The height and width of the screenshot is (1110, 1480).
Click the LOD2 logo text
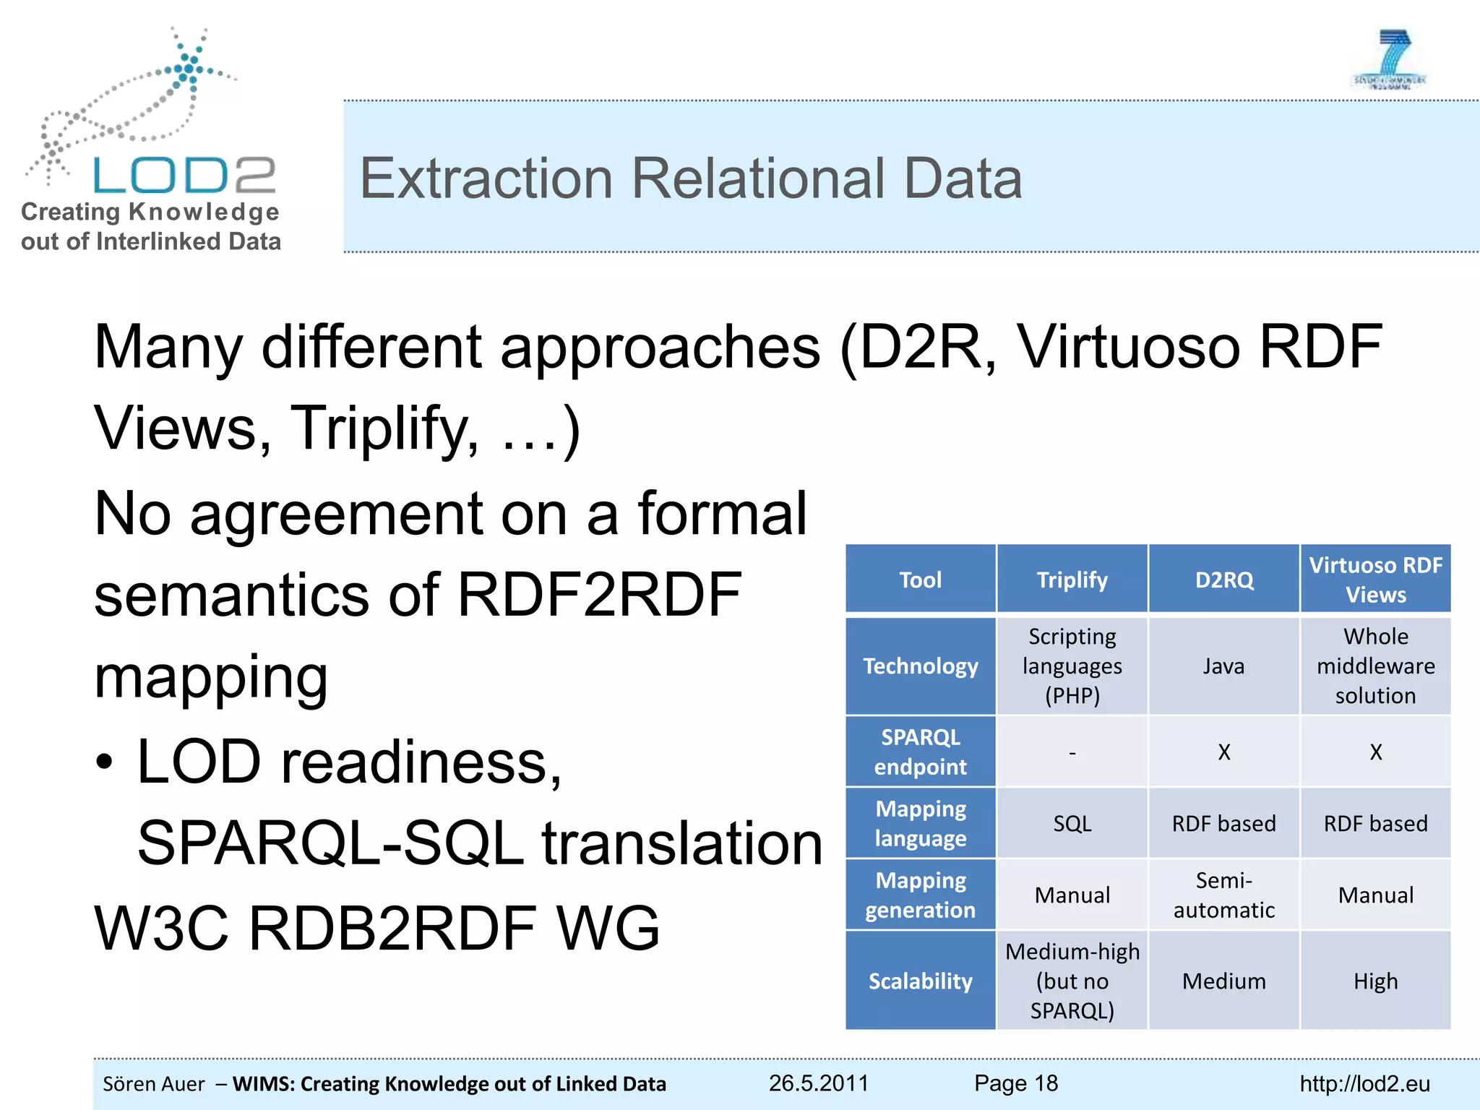[x=184, y=176]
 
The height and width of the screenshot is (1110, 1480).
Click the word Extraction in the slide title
[x=486, y=178]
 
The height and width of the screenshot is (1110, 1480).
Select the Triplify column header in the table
[x=1072, y=580]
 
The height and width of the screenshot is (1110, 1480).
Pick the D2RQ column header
[x=1223, y=580]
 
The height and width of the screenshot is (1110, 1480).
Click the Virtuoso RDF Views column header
[x=1375, y=580]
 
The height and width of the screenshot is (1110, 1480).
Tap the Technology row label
[x=920, y=666]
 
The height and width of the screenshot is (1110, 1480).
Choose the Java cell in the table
[x=1223, y=666]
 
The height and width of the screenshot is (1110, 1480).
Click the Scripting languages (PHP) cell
[x=1072, y=666]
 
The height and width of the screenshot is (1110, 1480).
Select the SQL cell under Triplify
[x=1072, y=823]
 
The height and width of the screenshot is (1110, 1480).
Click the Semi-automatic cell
[x=1223, y=895]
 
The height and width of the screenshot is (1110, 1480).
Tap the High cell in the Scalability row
[x=1375, y=981]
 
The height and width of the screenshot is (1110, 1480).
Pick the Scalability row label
[x=920, y=981]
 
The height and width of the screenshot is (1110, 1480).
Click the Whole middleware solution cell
[x=1375, y=666]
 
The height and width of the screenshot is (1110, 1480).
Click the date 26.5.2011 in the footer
[x=818, y=1083]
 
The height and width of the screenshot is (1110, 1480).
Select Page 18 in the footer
[x=1015, y=1083]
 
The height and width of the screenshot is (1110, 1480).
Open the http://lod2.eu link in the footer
[x=1364, y=1084]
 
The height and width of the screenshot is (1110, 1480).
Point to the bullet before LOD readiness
[x=105, y=762]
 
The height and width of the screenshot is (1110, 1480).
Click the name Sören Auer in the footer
[x=154, y=1084]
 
